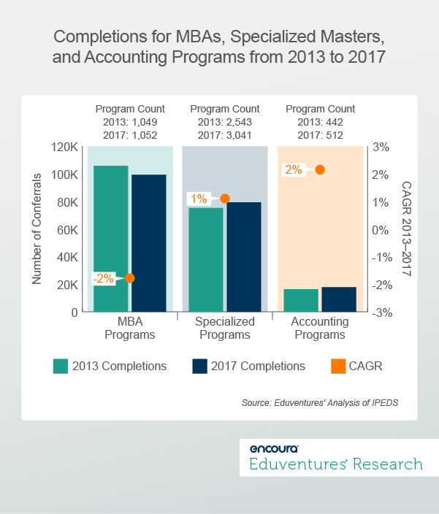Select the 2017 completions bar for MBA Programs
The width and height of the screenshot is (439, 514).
click(149, 243)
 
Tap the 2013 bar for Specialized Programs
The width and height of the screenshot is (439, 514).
click(205, 260)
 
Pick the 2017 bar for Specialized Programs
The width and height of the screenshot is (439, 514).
click(243, 257)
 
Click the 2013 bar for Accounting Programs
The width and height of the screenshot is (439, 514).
click(301, 300)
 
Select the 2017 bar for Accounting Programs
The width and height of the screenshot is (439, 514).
click(339, 299)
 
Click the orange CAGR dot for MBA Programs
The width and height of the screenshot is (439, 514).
click(130, 278)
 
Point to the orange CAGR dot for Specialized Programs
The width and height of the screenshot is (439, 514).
click(225, 198)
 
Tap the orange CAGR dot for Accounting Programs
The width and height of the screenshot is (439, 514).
click(320, 169)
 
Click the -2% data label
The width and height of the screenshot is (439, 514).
click(103, 278)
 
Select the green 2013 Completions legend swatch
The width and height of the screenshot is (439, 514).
click(61, 366)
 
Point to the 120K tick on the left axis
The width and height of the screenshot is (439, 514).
click(65, 147)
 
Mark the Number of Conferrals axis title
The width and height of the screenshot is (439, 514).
click(37, 229)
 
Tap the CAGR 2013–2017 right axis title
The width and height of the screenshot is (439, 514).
click(407, 229)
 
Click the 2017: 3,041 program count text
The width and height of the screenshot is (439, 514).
click(225, 134)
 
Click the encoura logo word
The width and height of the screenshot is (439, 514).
click(274, 448)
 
